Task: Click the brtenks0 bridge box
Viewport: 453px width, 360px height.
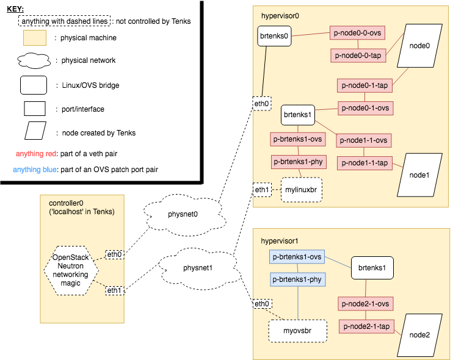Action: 274,36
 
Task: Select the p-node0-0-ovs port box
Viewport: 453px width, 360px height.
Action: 358,34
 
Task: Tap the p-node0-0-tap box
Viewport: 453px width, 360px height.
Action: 358,56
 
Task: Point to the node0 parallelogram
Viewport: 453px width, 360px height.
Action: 419,46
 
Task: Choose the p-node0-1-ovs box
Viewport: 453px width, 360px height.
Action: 365,108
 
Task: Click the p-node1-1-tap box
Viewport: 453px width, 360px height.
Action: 364,163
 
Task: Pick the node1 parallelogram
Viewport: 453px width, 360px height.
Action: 419,175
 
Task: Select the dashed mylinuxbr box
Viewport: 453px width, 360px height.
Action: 301,190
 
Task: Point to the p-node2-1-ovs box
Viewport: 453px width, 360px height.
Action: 365,303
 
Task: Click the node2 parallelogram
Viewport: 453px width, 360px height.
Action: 419,334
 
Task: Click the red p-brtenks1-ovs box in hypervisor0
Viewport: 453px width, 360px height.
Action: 298,139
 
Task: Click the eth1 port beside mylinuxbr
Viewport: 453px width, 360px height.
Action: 262,190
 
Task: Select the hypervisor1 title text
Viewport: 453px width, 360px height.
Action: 279,240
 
